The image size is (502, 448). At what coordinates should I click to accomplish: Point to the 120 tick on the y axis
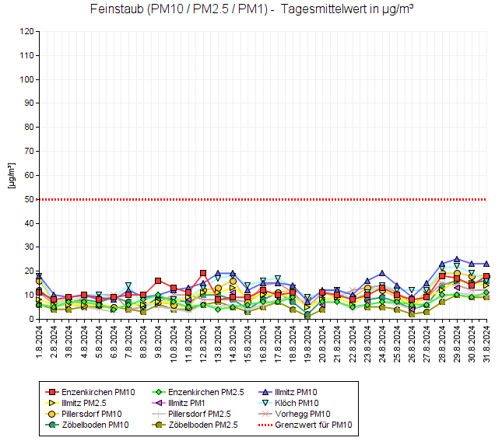[28, 32]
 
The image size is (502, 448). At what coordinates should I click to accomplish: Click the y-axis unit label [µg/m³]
[11, 176]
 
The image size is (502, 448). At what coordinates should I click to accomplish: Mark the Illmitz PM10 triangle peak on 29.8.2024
[457, 259]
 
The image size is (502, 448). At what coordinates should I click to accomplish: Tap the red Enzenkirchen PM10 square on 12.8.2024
[202, 273]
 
